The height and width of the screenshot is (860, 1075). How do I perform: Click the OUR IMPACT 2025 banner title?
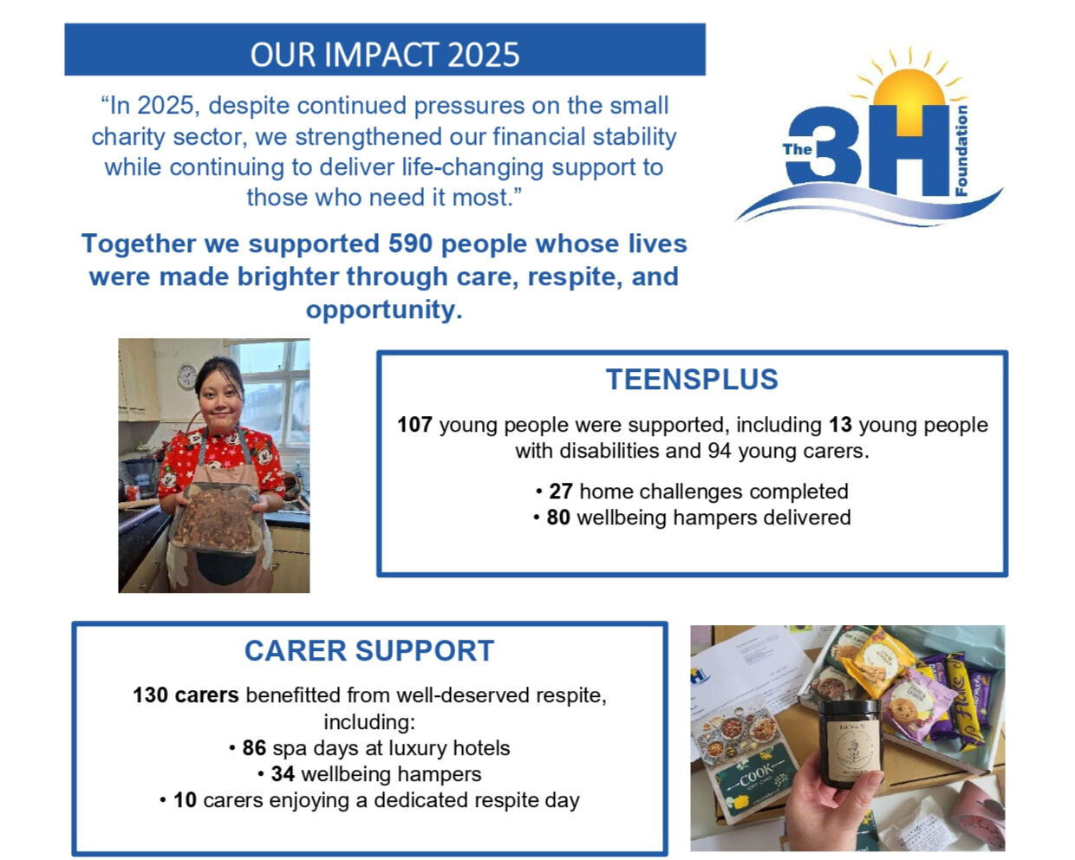(x=385, y=54)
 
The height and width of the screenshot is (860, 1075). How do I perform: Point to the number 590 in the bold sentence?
(x=410, y=244)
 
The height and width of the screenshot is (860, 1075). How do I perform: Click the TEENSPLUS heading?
(x=692, y=380)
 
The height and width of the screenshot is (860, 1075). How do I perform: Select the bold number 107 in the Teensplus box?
(x=414, y=425)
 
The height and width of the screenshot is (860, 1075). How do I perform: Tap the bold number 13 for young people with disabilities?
(x=840, y=425)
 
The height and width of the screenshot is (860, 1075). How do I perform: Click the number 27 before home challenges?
(x=560, y=492)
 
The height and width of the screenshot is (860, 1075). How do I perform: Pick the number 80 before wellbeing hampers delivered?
(x=558, y=518)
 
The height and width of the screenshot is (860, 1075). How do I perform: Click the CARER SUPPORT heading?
(x=369, y=651)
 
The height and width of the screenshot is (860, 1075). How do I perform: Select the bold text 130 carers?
(x=186, y=695)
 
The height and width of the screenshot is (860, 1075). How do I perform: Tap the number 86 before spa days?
(x=254, y=748)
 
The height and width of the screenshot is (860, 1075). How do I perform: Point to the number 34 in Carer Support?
(x=283, y=774)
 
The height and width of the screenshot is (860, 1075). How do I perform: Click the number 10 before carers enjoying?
(x=185, y=800)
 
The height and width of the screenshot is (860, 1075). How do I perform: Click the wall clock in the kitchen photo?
(x=187, y=375)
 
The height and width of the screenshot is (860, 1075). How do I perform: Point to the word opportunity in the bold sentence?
(x=382, y=309)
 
